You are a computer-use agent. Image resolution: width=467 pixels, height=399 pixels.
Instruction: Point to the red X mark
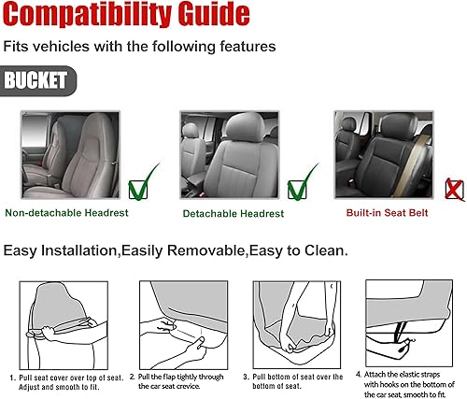tap(455, 191)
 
